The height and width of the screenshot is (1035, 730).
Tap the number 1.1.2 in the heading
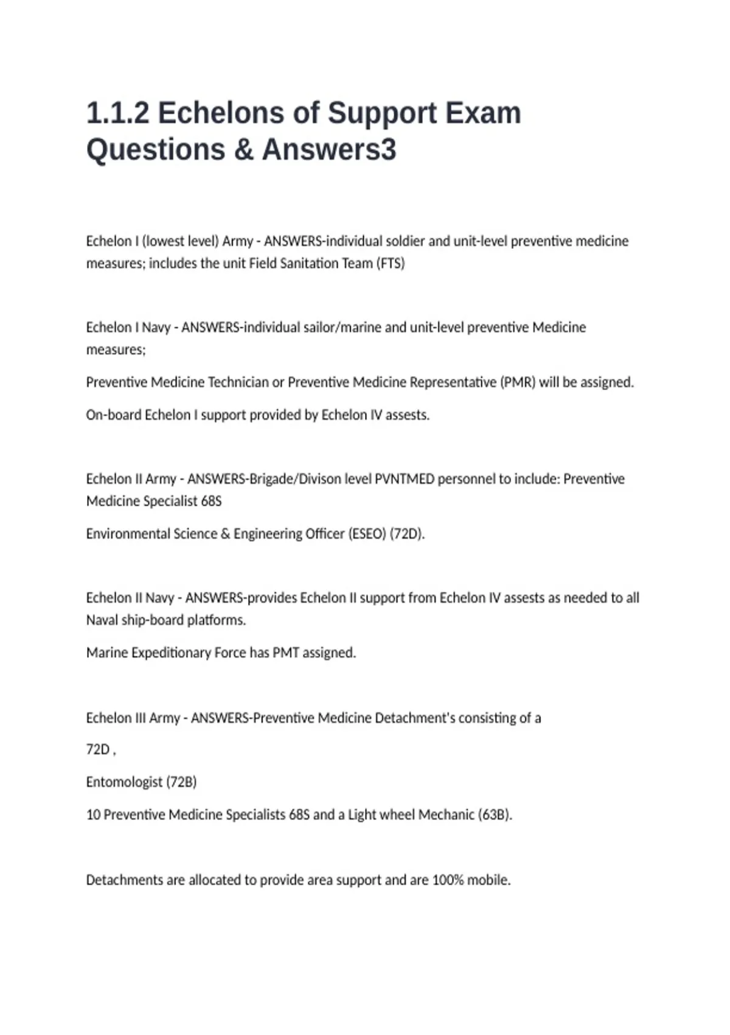(117, 113)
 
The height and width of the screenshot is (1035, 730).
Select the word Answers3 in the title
(329, 150)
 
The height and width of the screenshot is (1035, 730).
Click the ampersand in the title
(243, 150)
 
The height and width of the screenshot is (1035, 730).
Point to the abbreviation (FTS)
(390, 264)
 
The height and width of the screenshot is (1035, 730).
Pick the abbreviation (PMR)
(518, 382)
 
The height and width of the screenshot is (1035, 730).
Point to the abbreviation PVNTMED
(405, 479)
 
